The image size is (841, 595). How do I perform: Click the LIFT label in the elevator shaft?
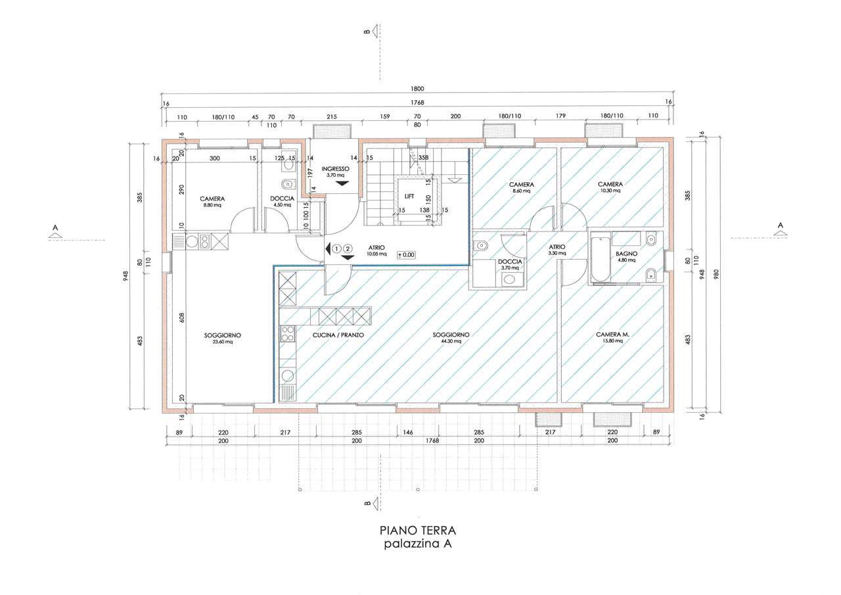[x=409, y=197]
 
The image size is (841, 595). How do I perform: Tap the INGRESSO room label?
[x=335, y=169]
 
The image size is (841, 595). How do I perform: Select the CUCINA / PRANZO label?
[x=338, y=335]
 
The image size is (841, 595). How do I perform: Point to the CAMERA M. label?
[x=612, y=334]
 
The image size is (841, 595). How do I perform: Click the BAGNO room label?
[x=626, y=254]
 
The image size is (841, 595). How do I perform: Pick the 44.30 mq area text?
[x=451, y=341]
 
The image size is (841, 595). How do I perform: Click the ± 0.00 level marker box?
[x=406, y=255]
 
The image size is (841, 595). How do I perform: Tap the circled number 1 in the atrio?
[x=337, y=249]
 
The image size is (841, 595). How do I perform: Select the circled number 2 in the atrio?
[x=348, y=249]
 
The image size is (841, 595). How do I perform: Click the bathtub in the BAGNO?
[x=601, y=258]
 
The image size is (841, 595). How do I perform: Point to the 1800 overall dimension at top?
[x=417, y=89]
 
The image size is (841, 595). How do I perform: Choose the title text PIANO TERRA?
[x=417, y=531]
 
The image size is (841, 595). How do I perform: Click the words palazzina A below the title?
[x=417, y=544]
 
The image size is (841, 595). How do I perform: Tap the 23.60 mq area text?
[x=223, y=342]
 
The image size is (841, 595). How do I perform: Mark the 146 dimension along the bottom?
[x=408, y=433]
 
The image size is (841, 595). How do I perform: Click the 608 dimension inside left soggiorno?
[x=183, y=318]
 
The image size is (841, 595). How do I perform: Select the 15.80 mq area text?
[x=613, y=341]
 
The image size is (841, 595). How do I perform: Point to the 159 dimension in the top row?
[x=384, y=116]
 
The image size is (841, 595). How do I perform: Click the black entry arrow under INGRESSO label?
[x=342, y=183]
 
